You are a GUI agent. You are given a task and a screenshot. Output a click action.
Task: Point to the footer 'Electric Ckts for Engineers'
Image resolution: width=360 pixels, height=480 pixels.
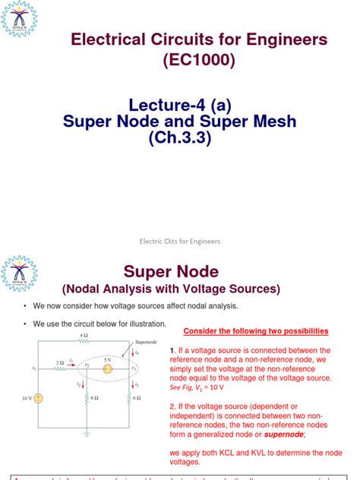point(180,241)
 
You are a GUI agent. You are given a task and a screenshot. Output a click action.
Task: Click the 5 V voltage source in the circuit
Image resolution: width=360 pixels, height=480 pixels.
point(108,369)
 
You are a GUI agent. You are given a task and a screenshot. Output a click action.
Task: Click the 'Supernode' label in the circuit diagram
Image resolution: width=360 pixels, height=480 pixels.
point(144,343)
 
